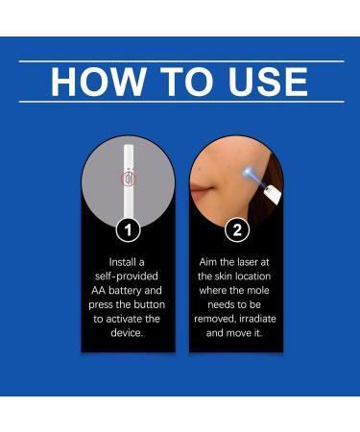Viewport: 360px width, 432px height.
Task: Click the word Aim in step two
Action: coord(209,260)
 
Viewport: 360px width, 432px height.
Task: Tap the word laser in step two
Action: coord(249,260)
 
